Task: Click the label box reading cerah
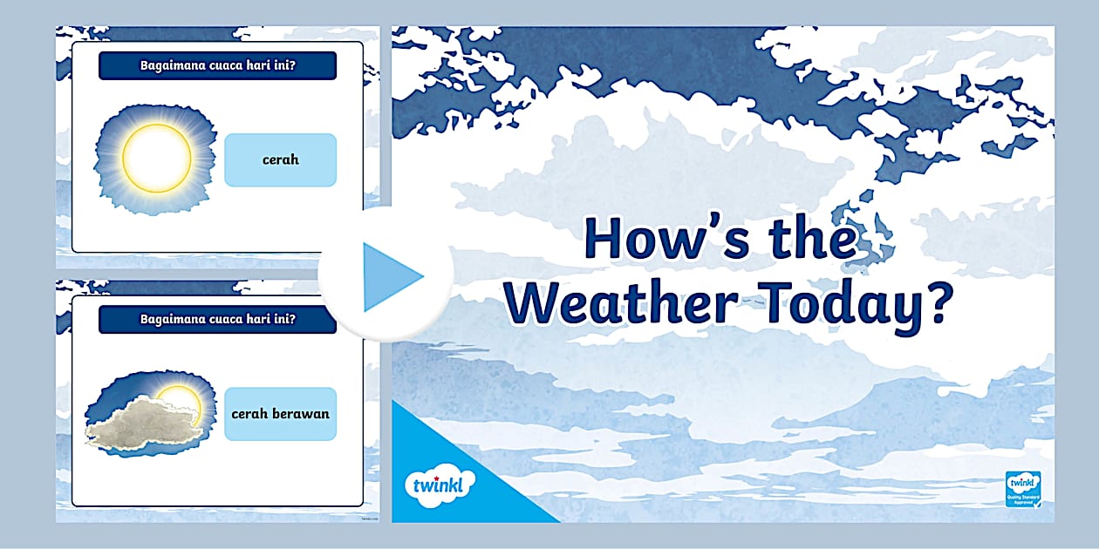click(x=280, y=159)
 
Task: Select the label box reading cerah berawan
click(x=280, y=413)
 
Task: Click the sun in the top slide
click(x=156, y=158)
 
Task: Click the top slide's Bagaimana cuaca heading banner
click(x=217, y=65)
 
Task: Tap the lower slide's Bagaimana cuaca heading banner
click(x=217, y=319)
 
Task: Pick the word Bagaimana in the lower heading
click(x=169, y=319)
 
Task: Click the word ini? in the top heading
click(x=283, y=65)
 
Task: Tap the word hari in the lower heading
click(x=256, y=319)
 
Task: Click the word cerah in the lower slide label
click(x=249, y=413)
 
